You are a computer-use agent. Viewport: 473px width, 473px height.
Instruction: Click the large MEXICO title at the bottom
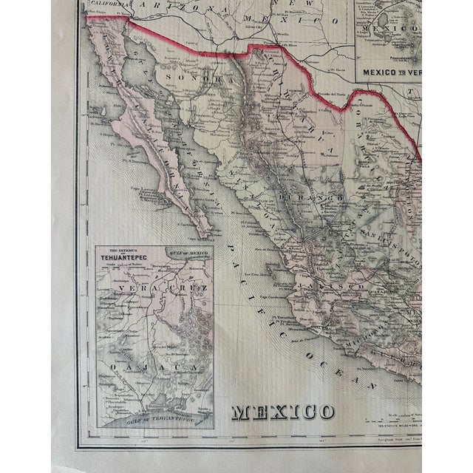coord(284,411)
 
